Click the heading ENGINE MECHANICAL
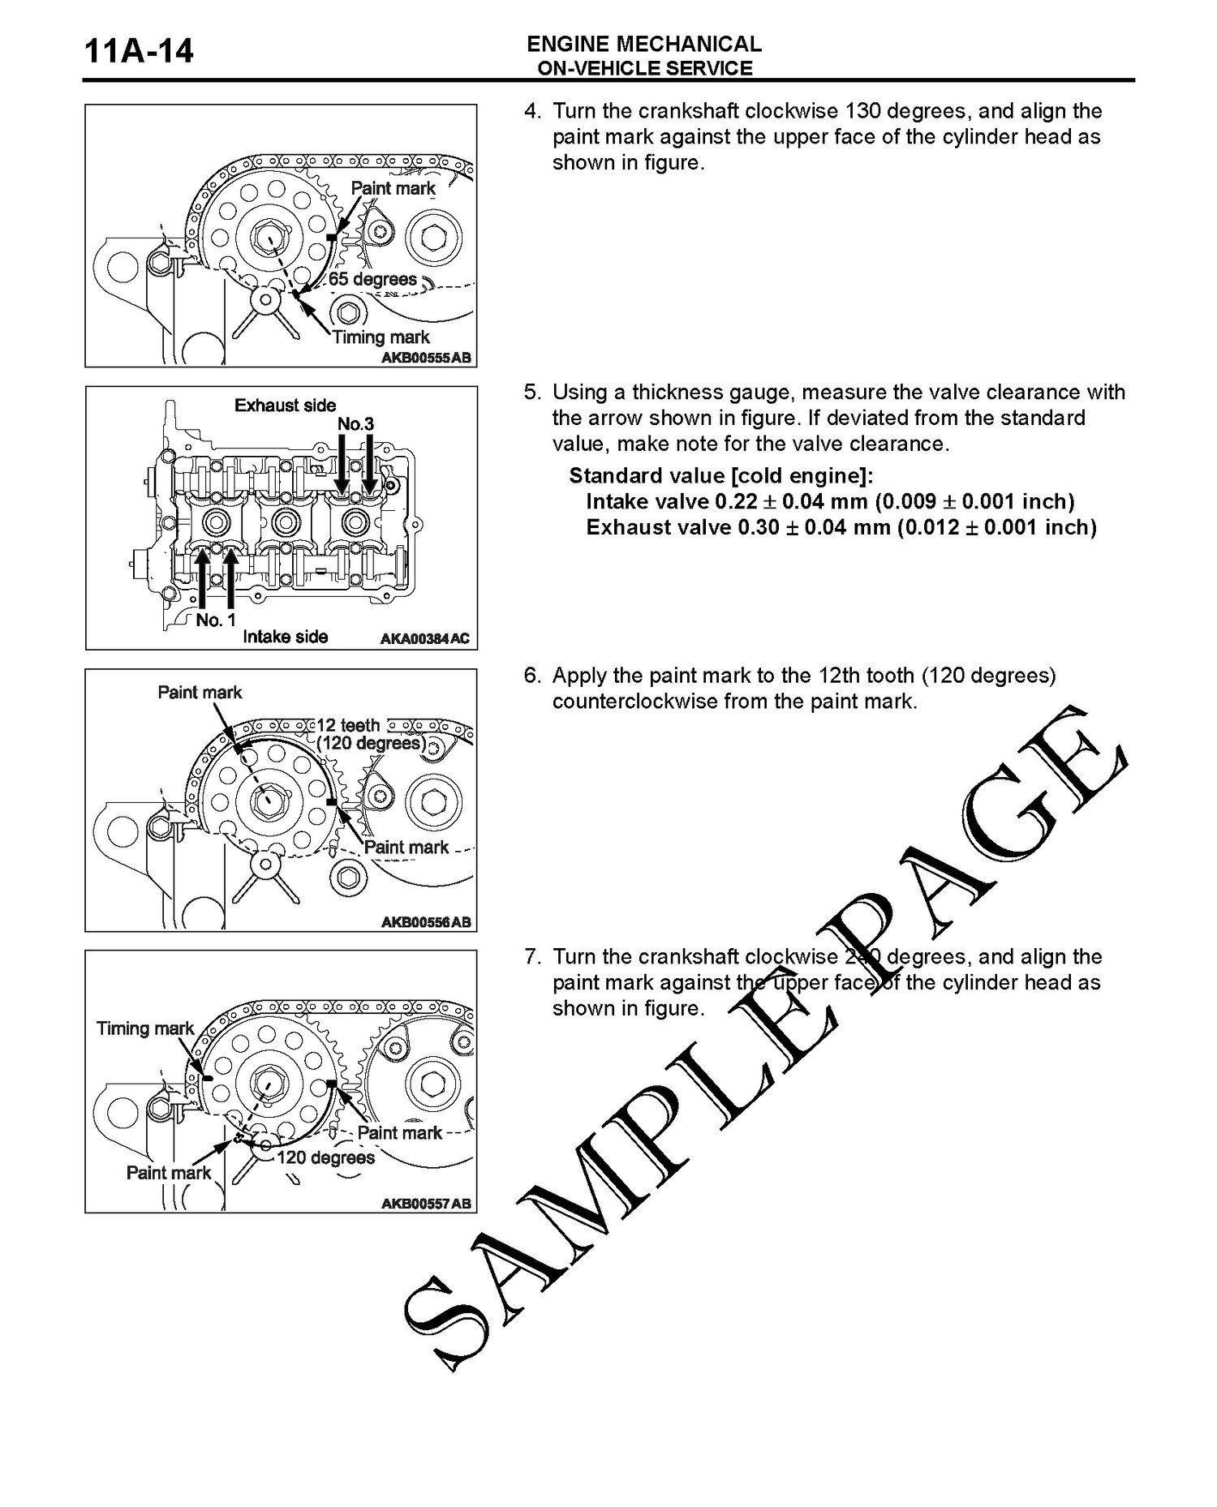644,45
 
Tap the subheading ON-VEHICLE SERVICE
645,69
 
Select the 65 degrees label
372,280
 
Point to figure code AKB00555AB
425,358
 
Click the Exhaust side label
285,406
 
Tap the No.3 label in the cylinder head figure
355,425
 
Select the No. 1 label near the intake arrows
216,621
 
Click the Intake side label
285,638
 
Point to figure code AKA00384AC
425,639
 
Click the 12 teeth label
348,725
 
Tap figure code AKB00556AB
425,922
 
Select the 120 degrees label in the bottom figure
326,1157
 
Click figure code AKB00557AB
425,1204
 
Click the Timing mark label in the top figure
381,337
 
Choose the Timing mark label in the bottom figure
145,1029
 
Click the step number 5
531,393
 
